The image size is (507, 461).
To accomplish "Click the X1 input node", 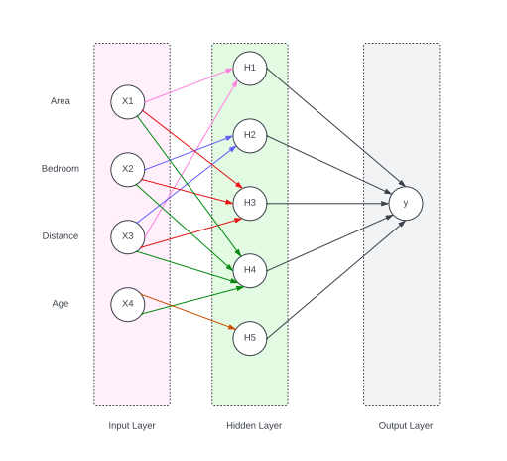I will (x=128, y=101).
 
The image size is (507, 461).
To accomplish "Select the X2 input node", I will (x=128, y=169).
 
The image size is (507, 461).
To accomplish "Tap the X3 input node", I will (x=128, y=236).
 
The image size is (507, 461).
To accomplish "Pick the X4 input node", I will (x=128, y=304).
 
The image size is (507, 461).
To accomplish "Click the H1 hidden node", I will (x=250, y=68).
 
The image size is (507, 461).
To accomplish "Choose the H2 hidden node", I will (x=250, y=135).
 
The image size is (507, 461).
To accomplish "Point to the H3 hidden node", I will (x=250, y=203).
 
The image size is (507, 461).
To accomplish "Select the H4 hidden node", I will (x=250, y=270).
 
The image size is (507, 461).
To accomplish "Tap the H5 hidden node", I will (x=250, y=338).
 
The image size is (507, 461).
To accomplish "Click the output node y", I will (x=405, y=203).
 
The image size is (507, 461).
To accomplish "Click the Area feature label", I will (x=61, y=101).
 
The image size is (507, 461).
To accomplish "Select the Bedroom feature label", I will (x=61, y=169).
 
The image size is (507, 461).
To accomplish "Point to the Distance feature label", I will (x=61, y=236).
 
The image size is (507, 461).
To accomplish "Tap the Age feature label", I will (x=61, y=304).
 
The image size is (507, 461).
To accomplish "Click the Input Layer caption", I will (x=132, y=426).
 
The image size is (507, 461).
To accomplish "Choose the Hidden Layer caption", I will (x=254, y=426).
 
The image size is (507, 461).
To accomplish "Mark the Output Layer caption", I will (x=405, y=426).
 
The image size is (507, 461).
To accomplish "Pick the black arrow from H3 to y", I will (x=327, y=203).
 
